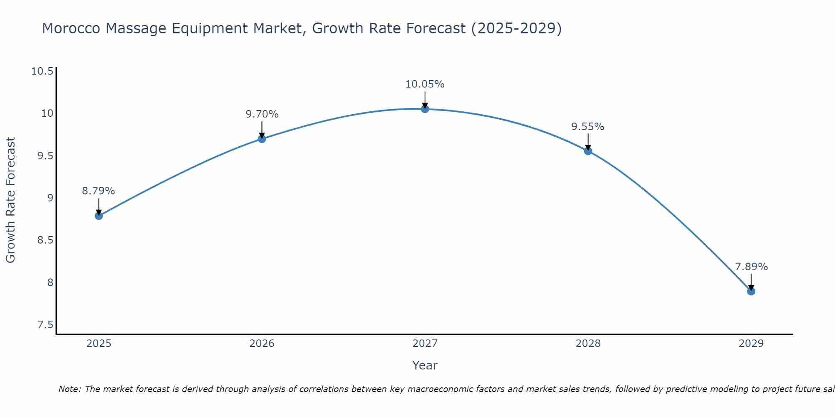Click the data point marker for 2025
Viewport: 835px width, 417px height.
pyautogui.click(x=99, y=216)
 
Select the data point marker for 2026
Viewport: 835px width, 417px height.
pyautogui.click(x=262, y=139)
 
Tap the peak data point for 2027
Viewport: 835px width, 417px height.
pyautogui.click(x=425, y=109)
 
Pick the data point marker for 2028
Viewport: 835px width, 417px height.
pyautogui.click(x=588, y=151)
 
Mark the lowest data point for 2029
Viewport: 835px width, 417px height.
pyautogui.click(x=751, y=291)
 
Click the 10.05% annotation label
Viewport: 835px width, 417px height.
pyautogui.click(x=425, y=84)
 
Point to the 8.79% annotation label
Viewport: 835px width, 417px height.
pyautogui.click(x=99, y=191)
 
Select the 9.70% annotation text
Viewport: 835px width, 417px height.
pyautogui.click(x=262, y=114)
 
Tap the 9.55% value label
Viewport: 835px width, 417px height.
pyautogui.click(x=588, y=127)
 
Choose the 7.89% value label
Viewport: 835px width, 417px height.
pyautogui.click(x=751, y=267)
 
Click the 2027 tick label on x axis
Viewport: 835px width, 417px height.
pyautogui.click(x=425, y=344)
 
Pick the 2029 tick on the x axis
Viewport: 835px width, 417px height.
pyautogui.click(x=751, y=344)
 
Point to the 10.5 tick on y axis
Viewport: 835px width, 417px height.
pyautogui.click(x=43, y=71)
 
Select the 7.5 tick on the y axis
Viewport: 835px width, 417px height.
pyautogui.click(x=45, y=325)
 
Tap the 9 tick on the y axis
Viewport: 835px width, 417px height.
pyautogui.click(x=51, y=198)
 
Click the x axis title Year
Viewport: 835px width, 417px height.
pyautogui.click(x=425, y=365)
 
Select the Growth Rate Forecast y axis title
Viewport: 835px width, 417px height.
pyautogui.click(x=10, y=200)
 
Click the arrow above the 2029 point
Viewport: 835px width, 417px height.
pyautogui.click(x=751, y=281)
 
